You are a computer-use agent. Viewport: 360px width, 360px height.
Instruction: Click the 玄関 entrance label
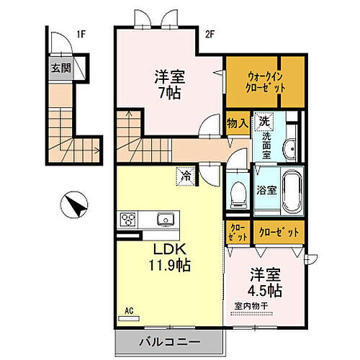59,69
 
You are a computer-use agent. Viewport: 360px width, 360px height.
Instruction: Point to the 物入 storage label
238,122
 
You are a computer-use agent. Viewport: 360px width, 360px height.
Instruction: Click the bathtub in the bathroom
292,192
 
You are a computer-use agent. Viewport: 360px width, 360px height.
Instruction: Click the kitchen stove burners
128,219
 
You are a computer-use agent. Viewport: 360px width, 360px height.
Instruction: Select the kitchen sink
163,219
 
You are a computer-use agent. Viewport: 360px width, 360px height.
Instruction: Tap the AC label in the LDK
130,310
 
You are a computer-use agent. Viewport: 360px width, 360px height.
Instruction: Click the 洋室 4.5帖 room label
265,282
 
